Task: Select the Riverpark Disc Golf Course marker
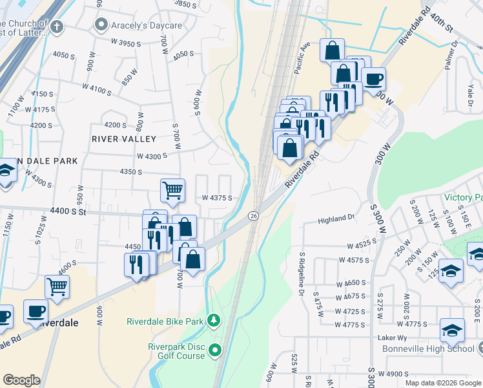(x=215, y=351)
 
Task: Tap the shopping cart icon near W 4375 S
(x=172, y=190)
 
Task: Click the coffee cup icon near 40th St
(x=373, y=80)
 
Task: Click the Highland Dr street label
(x=337, y=221)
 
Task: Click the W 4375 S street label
(x=217, y=198)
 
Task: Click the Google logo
(x=21, y=380)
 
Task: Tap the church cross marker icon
(x=57, y=27)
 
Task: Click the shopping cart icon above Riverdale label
(x=57, y=286)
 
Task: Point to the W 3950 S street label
(x=126, y=43)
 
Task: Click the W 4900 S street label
(x=395, y=374)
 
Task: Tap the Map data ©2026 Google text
(x=443, y=383)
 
